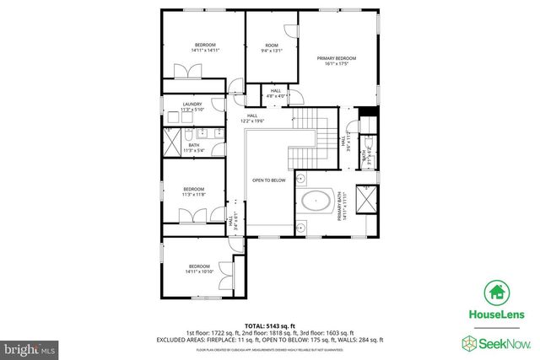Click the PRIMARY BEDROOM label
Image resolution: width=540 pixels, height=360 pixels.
337,61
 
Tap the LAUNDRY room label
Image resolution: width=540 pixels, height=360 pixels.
192,107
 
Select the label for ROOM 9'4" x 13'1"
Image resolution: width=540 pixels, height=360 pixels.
271,47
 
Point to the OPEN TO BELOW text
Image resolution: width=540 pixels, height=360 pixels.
269,180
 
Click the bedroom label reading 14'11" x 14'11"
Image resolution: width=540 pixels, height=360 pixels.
206,47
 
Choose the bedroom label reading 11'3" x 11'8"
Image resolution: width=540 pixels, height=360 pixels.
193,191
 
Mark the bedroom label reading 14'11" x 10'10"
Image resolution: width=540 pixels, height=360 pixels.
198,268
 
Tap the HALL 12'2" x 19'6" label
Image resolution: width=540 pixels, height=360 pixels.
251,119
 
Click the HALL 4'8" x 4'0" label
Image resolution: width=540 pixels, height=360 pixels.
276,94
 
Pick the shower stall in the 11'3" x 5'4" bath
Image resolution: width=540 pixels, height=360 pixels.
173,144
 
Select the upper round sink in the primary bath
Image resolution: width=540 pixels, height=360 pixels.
300,179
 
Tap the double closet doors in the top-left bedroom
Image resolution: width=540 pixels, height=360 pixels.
182,73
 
